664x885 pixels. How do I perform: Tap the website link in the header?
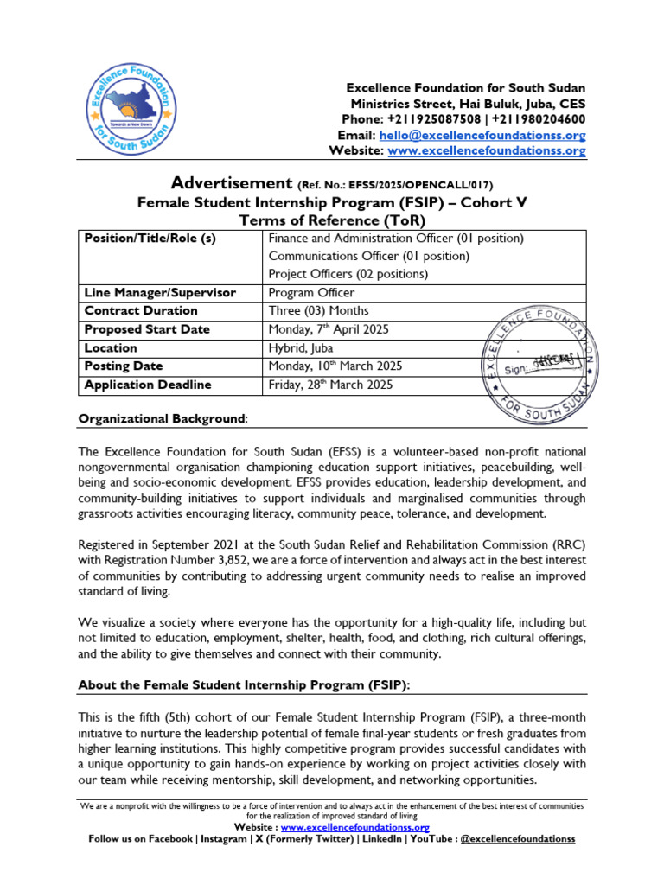click(486, 151)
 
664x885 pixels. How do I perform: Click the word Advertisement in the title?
click(232, 183)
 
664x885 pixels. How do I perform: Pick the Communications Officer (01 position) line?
click(369, 256)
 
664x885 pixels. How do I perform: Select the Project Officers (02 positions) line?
click(348, 274)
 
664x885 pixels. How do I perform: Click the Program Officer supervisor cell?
click(312, 293)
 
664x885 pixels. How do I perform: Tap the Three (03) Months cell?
click(319, 311)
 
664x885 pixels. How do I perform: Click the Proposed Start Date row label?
click(147, 329)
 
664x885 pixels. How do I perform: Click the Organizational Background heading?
click(163, 419)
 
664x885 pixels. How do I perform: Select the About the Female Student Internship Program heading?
click(245, 685)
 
